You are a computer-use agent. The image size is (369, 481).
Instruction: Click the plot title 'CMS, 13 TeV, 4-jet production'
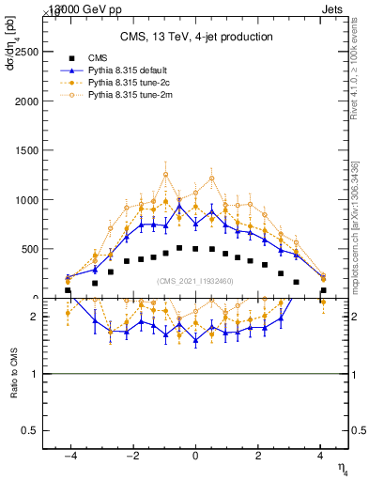(x=196, y=37)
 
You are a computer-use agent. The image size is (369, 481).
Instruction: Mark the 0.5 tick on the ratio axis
(x=30, y=430)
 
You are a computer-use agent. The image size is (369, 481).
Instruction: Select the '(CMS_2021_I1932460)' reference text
(x=195, y=280)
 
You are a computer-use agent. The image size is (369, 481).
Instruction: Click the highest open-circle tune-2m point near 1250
(x=165, y=174)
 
